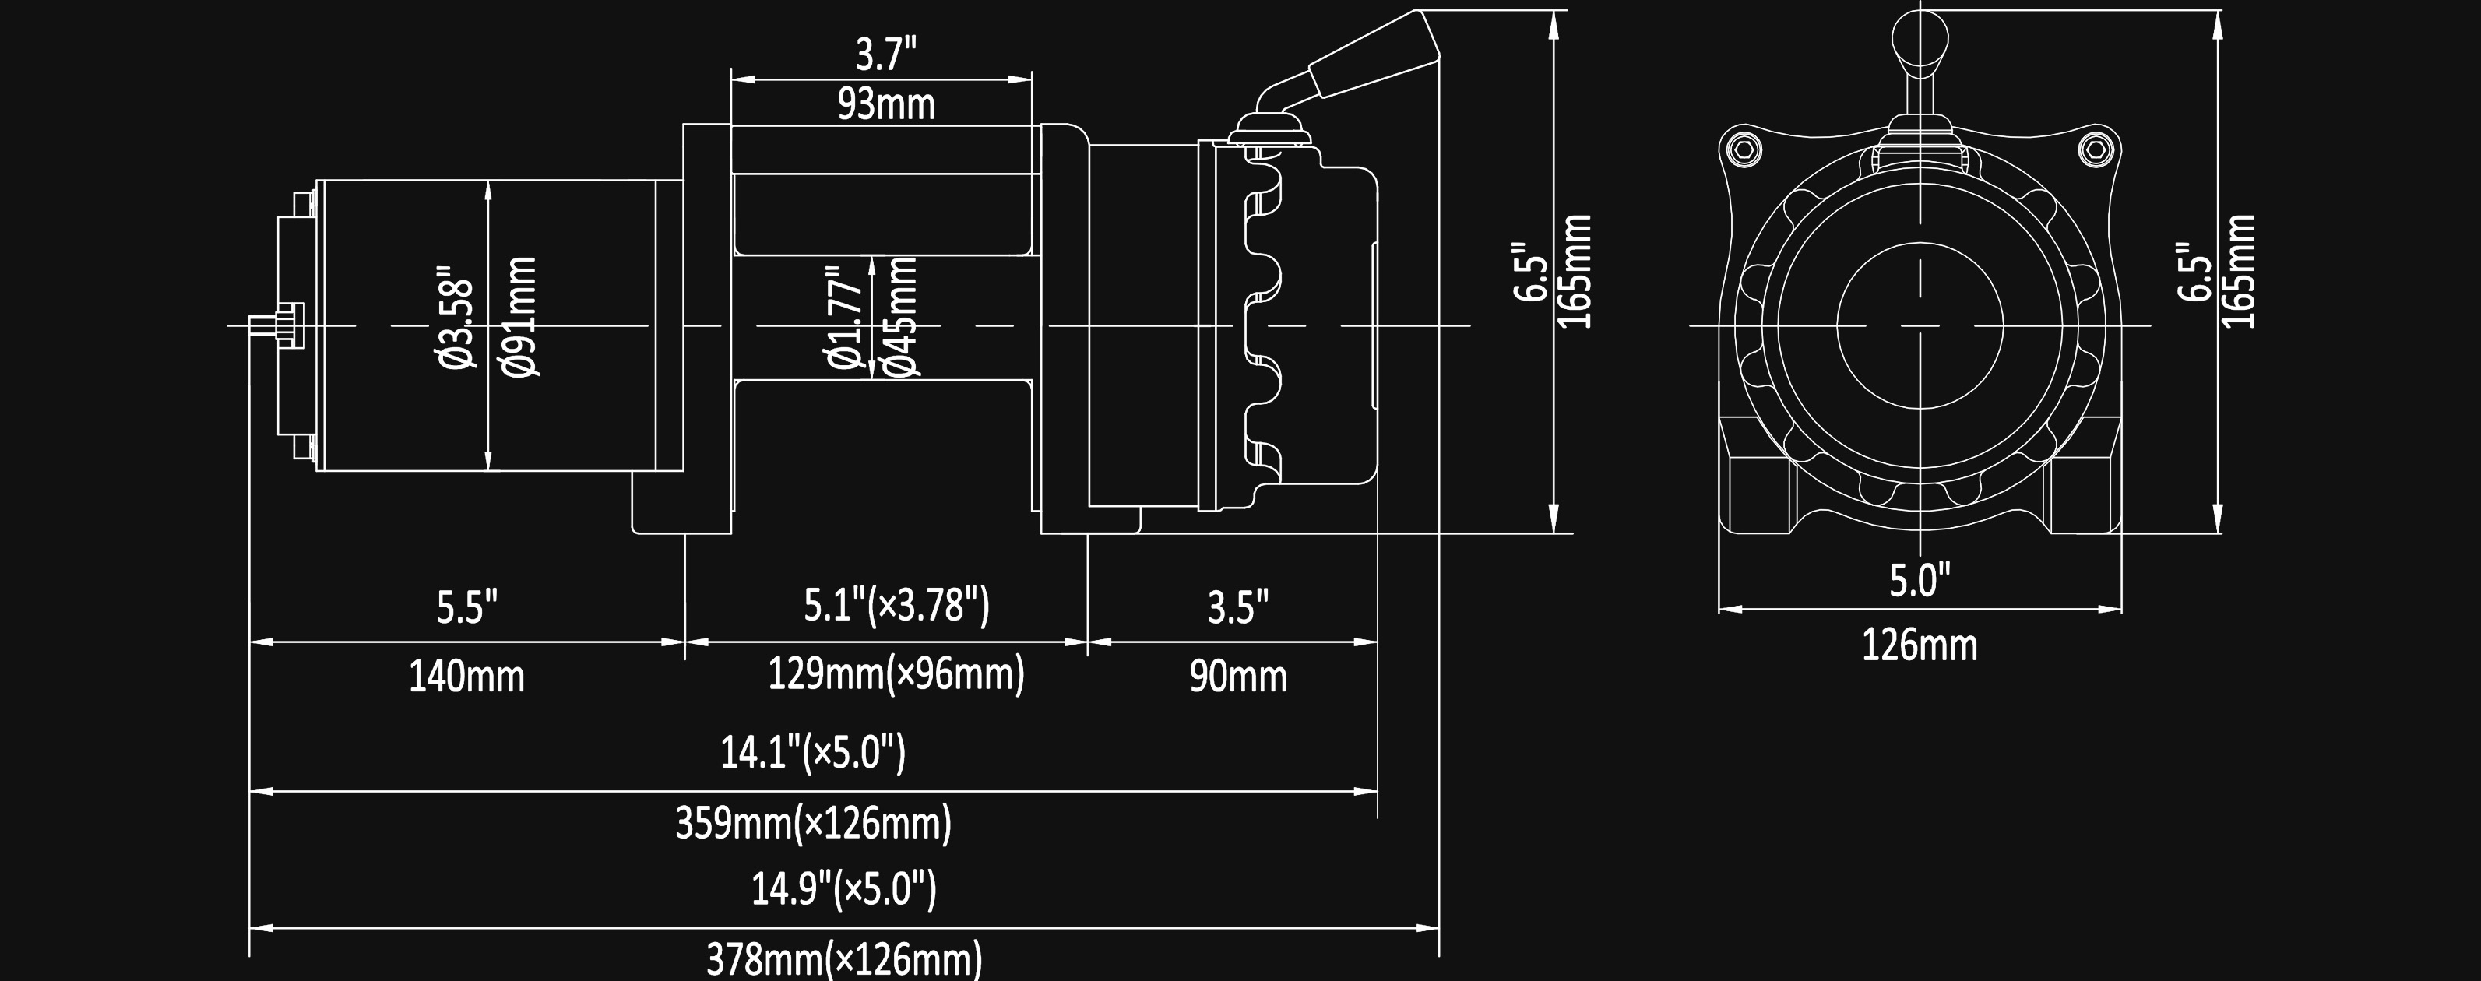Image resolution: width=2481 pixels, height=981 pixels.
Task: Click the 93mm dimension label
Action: pos(886,104)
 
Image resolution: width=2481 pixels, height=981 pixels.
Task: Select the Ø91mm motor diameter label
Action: pos(520,317)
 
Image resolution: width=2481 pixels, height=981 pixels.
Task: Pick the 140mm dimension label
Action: pos(467,677)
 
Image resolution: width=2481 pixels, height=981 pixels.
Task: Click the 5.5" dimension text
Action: pos(467,607)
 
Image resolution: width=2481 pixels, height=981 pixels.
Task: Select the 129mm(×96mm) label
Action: pos(896,674)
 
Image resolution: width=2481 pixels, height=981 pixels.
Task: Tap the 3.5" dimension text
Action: pos(1239,607)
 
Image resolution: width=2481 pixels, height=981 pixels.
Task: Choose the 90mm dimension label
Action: pos(1239,677)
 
